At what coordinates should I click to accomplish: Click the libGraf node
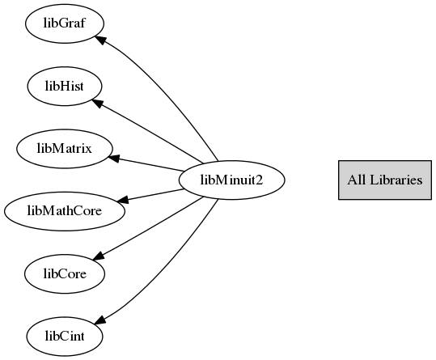[x=65, y=23]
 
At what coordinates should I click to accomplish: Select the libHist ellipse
[x=65, y=87]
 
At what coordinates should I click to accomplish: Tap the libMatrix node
[x=65, y=149]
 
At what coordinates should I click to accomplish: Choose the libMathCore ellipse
[x=65, y=211]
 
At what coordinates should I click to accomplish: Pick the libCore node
[x=65, y=273]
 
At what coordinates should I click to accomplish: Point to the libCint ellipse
[x=65, y=337]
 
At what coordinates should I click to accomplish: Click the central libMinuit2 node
[x=231, y=180]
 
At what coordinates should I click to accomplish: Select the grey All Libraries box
[x=385, y=180]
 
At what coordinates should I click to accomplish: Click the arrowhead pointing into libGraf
[x=100, y=40]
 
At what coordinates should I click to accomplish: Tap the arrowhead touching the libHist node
[x=98, y=104]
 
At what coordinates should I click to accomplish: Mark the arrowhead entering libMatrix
[x=114, y=159]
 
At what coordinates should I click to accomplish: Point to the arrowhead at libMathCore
[x=122, y=199]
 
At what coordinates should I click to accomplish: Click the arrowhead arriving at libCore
[x=99, y=256]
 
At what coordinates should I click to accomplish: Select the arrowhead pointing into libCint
[x=100, y=320]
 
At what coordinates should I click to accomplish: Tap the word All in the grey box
[x=356, y=180]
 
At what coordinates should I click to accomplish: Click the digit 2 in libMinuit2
[x=260, y=180]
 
